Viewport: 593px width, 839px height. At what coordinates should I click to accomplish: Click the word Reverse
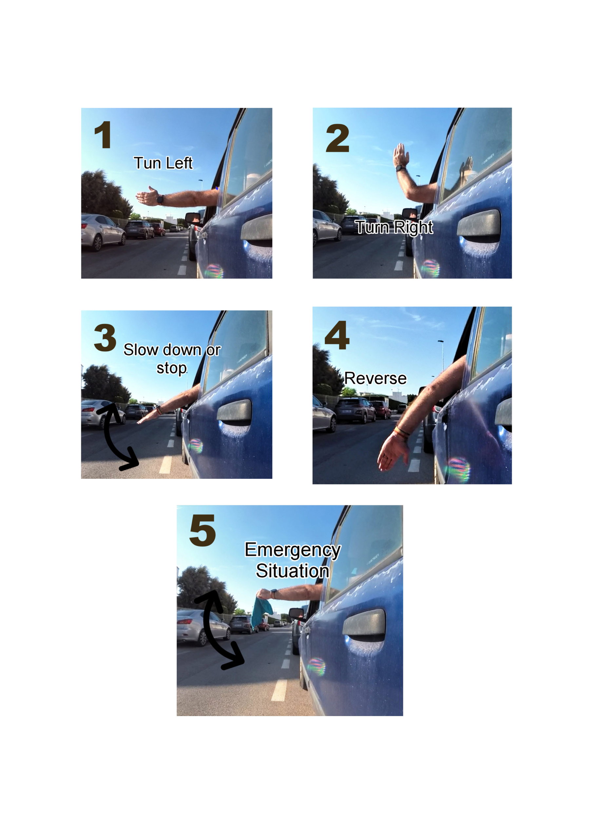(x=375, y=378)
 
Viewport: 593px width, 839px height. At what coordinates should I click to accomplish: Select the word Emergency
(x=293, y=551)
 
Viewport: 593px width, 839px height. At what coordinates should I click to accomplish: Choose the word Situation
(x=292, y=571)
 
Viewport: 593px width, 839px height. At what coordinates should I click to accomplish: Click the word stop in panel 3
(x=172, y=368)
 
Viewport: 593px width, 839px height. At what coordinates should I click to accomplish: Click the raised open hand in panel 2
(x=401, y=155)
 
